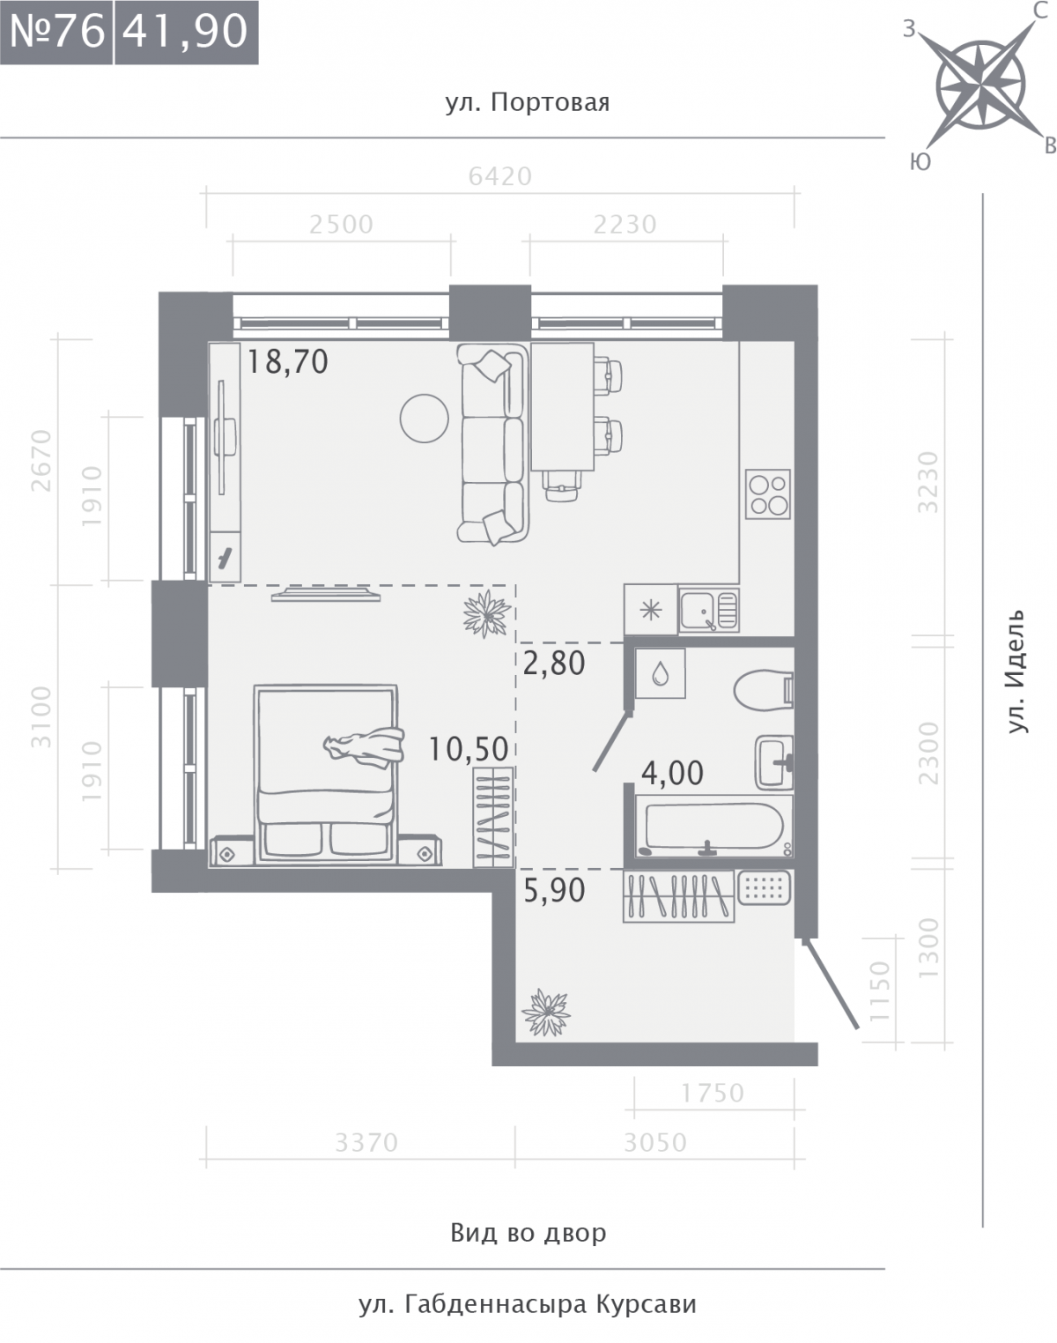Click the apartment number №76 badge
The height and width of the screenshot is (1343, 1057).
(56, 32)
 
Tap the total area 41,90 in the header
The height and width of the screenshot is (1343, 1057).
(186, 32)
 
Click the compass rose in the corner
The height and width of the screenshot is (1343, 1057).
(979, 86)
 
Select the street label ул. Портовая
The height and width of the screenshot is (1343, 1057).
(528, 102)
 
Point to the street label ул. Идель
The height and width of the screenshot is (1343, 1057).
(1016, 671)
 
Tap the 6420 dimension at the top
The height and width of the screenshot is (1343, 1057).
(499, 176)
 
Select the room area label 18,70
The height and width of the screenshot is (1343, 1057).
(288, 361)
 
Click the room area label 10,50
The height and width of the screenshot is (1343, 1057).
(468, 749)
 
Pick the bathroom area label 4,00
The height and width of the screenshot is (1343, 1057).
(672, 773)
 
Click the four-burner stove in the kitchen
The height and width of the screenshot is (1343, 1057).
(767, 494)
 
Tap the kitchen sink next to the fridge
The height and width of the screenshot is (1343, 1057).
(708, 610)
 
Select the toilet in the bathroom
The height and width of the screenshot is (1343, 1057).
(764, 690)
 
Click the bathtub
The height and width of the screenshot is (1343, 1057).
(713, 826)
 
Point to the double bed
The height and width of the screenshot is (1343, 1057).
(325, 775)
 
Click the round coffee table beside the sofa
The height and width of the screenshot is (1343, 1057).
(425, 418)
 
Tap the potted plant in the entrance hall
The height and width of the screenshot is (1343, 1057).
(546, 1013)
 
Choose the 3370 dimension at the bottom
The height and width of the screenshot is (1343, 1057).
(366, 1143)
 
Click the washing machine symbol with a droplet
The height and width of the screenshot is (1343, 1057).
(660, 673)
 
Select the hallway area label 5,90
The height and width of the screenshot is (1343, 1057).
(554, 891)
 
